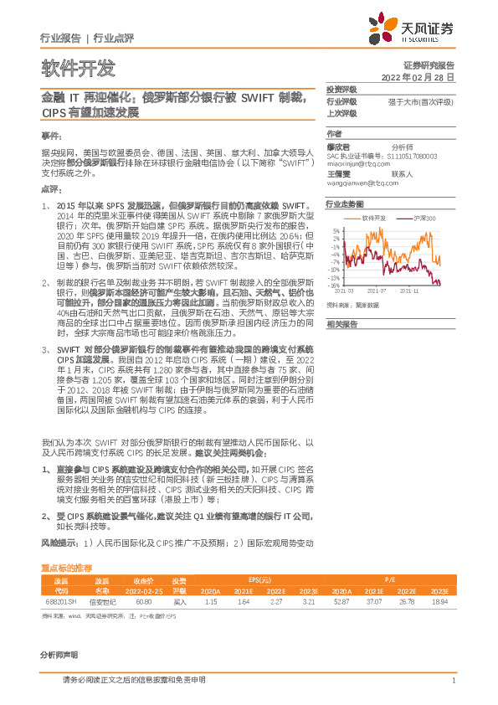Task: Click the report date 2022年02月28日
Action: (x=424, y=76)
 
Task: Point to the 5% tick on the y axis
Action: (x=336, y=230)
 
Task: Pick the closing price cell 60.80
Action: (x=143, y=601)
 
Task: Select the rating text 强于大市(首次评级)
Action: (x=420, y=102)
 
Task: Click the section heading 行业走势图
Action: (x=345, y=203)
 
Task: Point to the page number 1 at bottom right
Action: (x=452, y=681)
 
